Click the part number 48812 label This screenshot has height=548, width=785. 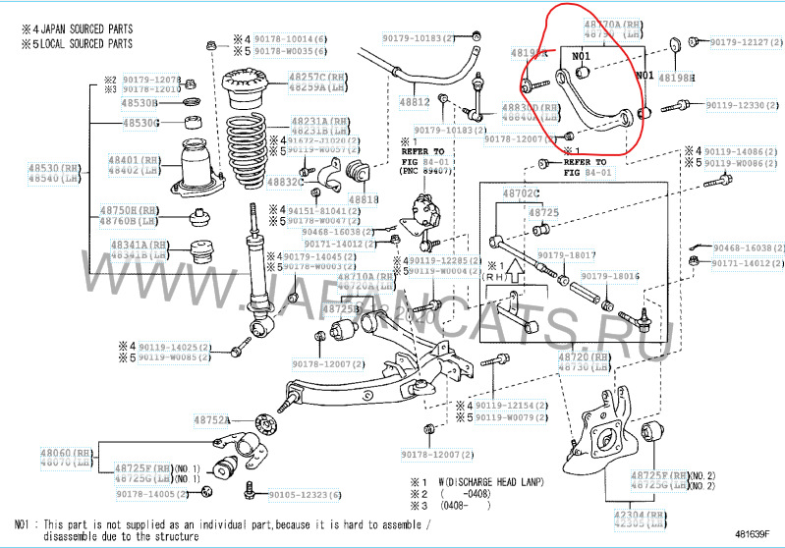[415, 101]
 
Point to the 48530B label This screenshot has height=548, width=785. [140, 102]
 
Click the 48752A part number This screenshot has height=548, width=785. [211, 419]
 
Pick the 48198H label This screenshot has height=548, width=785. [676, 77]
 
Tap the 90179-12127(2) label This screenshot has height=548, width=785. [747, 42]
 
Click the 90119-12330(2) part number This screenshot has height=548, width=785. [745, 105]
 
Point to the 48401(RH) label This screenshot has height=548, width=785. [135, 159]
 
